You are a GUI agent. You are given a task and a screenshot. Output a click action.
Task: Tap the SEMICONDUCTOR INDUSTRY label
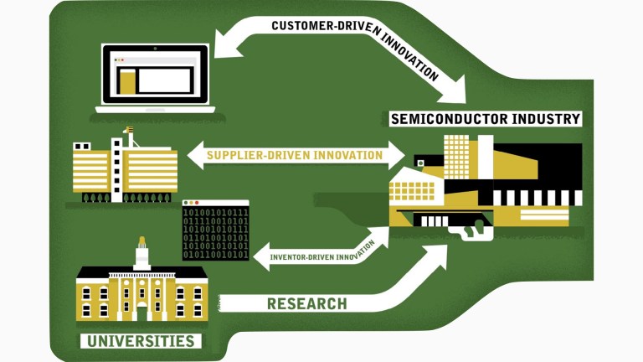point(485,119)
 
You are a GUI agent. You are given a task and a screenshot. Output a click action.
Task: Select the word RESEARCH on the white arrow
point(306,303)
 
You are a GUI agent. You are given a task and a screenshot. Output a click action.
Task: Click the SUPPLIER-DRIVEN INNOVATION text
point(294,155)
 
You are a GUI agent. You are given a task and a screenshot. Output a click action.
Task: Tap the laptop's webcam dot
point(155,49)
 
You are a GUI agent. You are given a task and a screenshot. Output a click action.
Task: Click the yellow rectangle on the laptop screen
point(126,81)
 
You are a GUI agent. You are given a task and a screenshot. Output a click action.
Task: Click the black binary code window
point(216,230)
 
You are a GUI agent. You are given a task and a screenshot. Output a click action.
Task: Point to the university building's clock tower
point(141,251)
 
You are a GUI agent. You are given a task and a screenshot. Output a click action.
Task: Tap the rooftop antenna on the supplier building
point(127,132)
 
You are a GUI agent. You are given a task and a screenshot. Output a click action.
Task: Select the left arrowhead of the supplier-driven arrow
point(193,155)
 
